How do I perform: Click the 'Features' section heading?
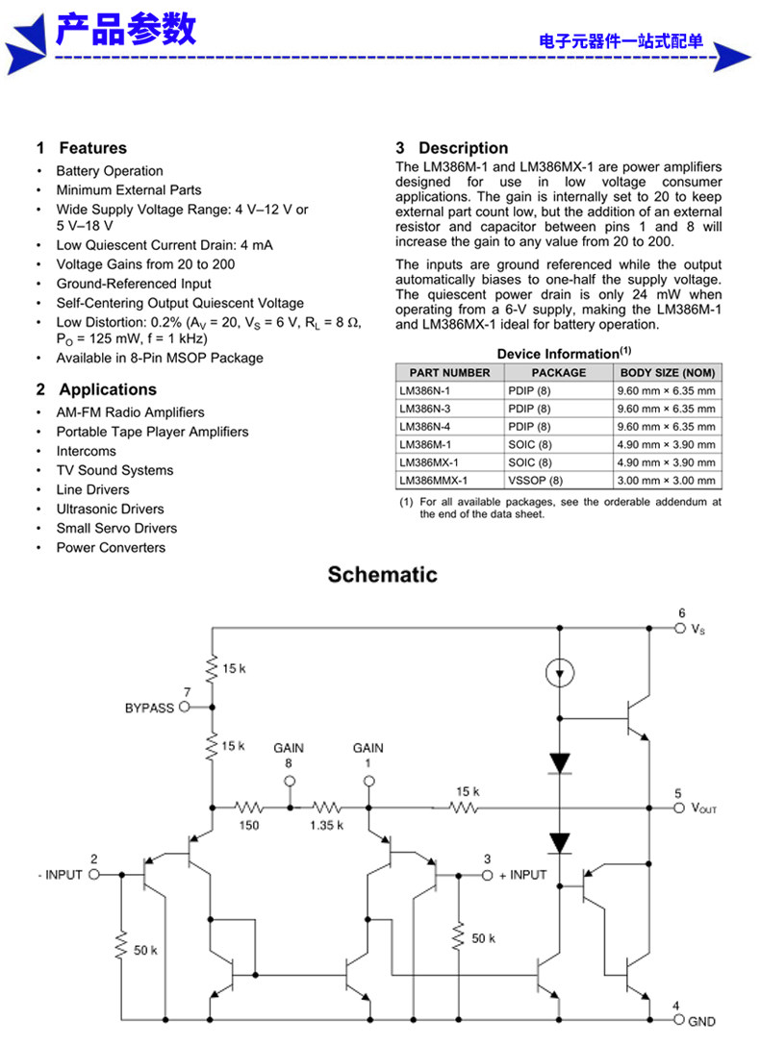[92, 148]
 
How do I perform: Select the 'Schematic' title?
[383, 575]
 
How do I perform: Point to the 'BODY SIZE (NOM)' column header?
[668, 373]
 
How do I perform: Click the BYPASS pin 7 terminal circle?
[185, 707]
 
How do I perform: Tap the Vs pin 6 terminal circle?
[680, 628]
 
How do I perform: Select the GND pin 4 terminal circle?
[678, 1020]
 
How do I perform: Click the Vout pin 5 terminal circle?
[679, 808]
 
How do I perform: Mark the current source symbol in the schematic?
[559, 672]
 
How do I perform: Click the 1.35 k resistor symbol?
[327, 808]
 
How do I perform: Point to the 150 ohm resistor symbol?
[248, 808]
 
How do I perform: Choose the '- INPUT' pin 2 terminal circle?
[94, 875]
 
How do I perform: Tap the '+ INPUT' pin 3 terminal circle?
[488, 875]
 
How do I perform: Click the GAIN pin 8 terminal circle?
[290, 781]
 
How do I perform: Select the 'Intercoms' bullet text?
[86, 451]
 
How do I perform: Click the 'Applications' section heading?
[108, 389]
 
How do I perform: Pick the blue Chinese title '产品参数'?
[126, 30]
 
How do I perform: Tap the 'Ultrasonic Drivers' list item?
[110, 510]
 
